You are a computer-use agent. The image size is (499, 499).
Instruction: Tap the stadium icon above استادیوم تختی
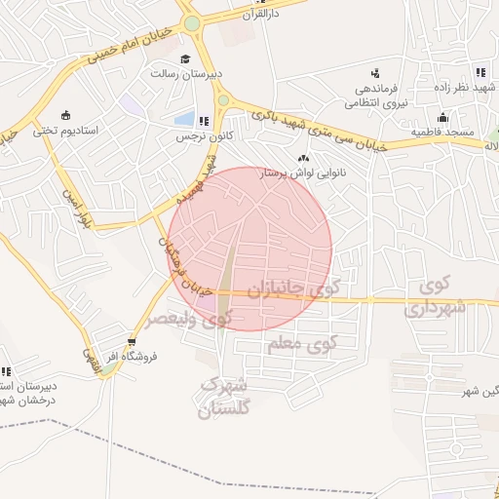click(x=65, y=114)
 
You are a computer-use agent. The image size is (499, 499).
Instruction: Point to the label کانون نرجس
click(x=194, y=137)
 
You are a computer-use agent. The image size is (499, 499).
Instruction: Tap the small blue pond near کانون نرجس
click(x=183, y=120)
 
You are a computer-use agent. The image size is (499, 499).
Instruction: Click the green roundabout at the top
click(x=192, y=23)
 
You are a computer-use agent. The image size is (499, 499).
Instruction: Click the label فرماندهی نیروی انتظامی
click(x=377, y=96)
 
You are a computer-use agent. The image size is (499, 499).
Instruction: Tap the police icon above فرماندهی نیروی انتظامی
click(x=375, y=73)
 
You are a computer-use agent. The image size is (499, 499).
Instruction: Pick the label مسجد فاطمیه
click(x=442, y=131)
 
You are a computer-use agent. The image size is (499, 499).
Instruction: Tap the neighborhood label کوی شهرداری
click(x=436, y=298)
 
